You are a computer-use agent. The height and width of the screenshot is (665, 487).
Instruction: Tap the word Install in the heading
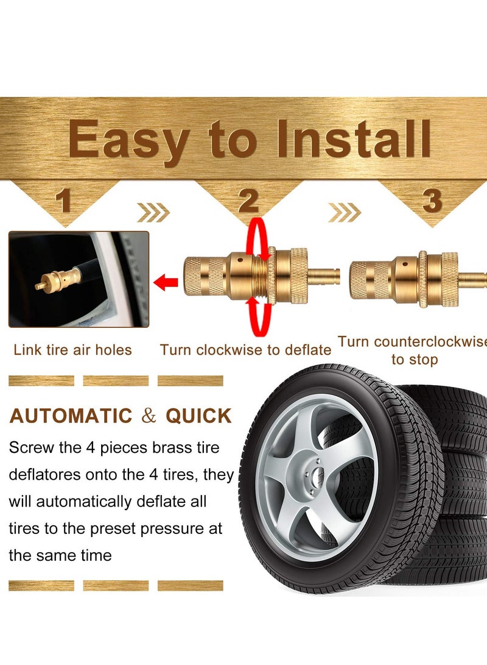click(x=354, y=139)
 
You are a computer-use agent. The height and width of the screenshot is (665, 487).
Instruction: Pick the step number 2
click(x=248, y=202)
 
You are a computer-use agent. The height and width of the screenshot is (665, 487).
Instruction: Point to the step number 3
click(x=432, y=202)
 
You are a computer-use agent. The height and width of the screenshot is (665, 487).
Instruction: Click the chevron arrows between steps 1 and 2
click(x=153, y=213)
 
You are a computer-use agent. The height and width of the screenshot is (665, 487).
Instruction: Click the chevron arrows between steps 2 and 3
click(x=344, y=213)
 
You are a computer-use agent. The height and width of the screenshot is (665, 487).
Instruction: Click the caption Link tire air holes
click(x=72, y=350)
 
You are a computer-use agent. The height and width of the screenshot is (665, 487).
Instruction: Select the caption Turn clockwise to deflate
click(x=245, y=350)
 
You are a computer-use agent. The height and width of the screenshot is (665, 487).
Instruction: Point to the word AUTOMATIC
click(x=71, y=416)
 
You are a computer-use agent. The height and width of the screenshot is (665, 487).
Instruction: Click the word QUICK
click(x=199, y=416)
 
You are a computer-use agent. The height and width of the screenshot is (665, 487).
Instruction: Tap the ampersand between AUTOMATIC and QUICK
click(x=149, y=416)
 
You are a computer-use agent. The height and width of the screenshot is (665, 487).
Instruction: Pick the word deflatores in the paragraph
click(x=44, y=475)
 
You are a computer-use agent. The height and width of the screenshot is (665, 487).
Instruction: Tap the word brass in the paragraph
click(x=168, y=448)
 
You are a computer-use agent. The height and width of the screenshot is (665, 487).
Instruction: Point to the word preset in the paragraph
click(x=117, y=528)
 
